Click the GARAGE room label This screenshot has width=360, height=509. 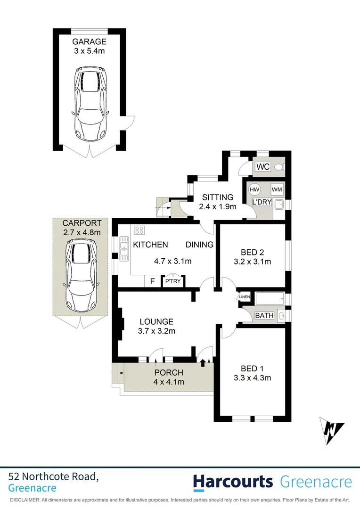[x=90, y=41]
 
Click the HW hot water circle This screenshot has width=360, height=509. [x=254, y=189]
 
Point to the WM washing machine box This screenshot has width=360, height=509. [x=277, y=189]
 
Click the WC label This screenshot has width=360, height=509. [x=263, y=167]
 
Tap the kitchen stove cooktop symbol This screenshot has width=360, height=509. [x=139, y=230]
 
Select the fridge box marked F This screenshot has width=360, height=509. [x=152, y=281]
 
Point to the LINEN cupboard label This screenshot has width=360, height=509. [x=244, y=297]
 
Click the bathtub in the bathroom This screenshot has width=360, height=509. [x=270, y=298]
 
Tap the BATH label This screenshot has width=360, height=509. [x=264, y=315]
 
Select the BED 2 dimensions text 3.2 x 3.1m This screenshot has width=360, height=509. [x=252, y=262]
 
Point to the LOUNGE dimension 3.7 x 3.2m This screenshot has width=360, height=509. [x=156, y=331]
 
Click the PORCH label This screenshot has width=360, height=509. [x=169, y=373]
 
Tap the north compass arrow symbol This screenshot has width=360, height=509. [x=332, y=430]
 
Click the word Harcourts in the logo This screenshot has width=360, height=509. [x=233, y=482]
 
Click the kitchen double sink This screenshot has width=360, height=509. [x=124, y=248]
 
